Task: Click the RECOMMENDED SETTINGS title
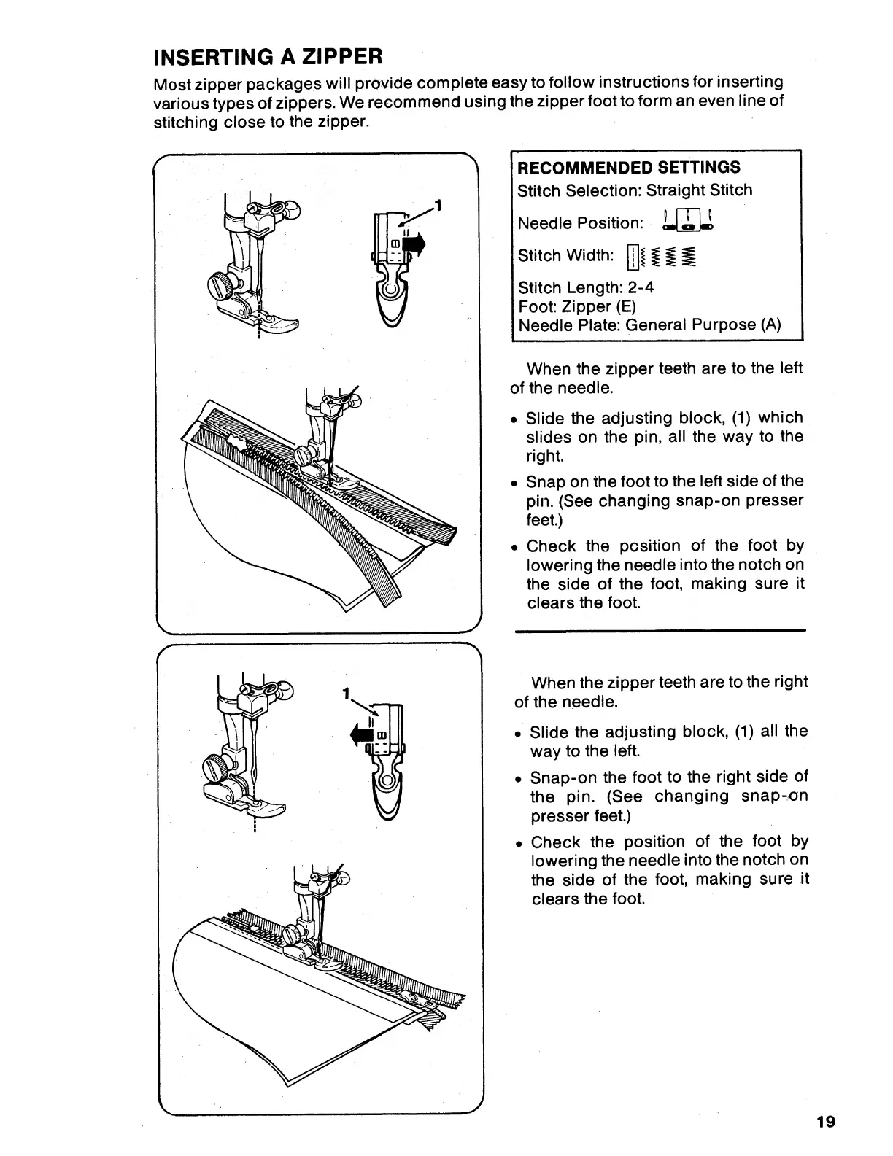pyautogui.click(x=628, y=167)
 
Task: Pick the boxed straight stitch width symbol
pyautogui.click(x=633, y=256)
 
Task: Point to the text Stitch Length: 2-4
pyautogui.click(x=585, y=287)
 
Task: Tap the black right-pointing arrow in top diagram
pyautogui.click(x=414, y=246)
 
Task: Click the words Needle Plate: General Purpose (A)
pyautogui.click(x=649, y=325)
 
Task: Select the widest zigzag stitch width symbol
pyautogui.click(x=689, y=256)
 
